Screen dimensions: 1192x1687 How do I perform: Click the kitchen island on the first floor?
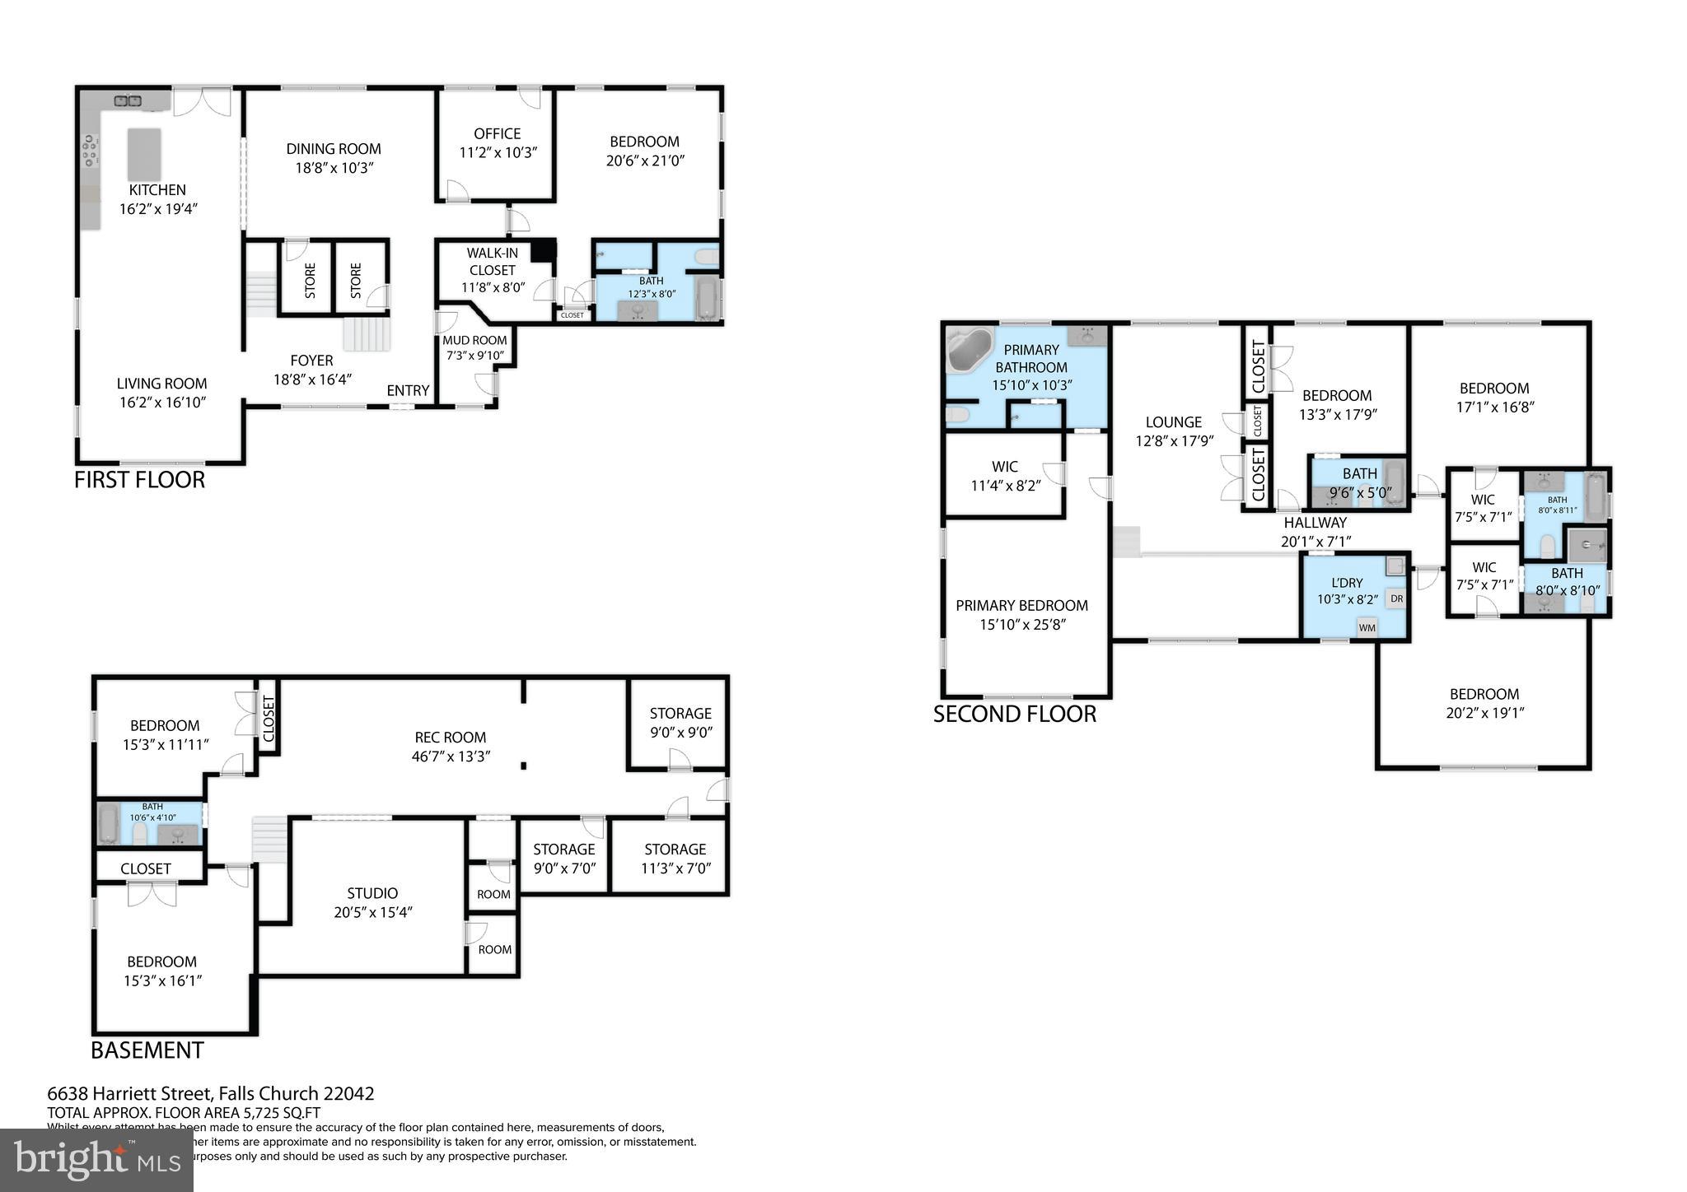pos(144,154)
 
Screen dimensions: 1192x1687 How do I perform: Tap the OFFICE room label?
pos(497,133)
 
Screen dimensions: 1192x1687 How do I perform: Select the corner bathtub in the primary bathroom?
pos(970,349)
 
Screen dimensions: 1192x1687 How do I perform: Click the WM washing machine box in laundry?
pos(1367,627)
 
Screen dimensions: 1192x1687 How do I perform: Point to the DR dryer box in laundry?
pos(1396,598)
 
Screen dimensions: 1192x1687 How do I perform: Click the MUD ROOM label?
pos(474,340)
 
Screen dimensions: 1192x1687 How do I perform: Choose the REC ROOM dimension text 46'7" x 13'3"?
pos(451,756)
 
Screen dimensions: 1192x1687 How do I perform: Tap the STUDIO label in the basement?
pos(372,893)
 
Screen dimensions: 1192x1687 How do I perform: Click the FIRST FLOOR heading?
pos(139,479)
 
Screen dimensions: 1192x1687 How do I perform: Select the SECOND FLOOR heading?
pos(1014,714)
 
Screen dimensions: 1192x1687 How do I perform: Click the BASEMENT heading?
pos(147,1050)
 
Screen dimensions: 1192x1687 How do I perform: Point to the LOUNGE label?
pos(1173,422)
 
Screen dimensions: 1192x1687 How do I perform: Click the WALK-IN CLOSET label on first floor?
pos(492,262)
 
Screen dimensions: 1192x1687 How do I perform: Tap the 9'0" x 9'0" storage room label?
pos(680,732)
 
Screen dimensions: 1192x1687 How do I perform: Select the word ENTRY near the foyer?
pos(408,390)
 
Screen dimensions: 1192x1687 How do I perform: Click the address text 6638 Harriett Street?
pos(210,1093)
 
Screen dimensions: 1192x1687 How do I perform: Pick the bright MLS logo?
pos(96,1160)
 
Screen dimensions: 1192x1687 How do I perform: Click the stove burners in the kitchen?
pos(90,151)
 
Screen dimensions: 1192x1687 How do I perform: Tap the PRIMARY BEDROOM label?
pos(1021,606)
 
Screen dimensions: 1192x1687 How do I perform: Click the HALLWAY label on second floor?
pos(1315,522)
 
